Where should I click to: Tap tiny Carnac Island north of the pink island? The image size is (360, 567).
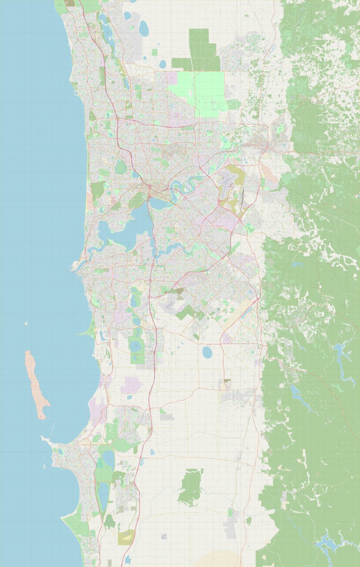26,324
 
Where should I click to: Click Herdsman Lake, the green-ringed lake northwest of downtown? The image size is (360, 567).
120,167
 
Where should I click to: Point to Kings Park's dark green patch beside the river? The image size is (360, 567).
136,200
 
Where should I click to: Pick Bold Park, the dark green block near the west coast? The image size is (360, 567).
97,189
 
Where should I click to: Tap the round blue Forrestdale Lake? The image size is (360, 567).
207,352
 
